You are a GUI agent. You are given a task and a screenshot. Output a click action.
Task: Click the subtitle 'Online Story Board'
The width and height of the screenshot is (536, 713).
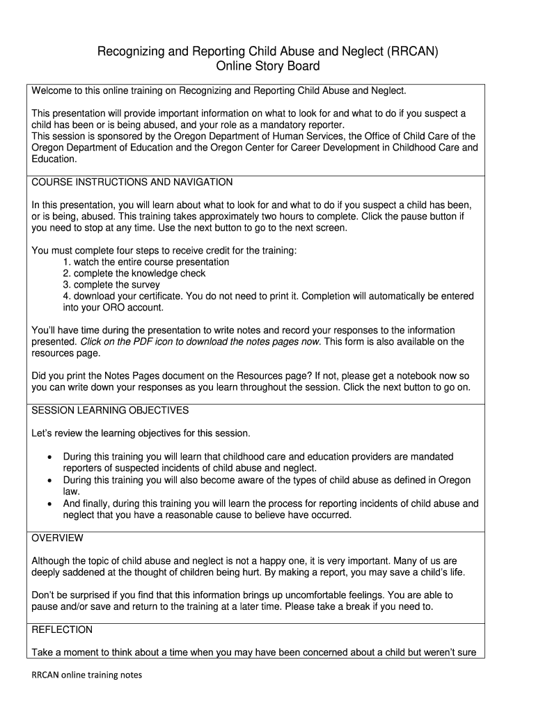[268, 67]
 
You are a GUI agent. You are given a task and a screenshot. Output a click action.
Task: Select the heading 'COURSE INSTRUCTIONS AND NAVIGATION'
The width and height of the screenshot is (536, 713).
[132, 182]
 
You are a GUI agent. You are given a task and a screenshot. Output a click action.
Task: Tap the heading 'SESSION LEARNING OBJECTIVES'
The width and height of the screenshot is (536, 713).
[110, 410]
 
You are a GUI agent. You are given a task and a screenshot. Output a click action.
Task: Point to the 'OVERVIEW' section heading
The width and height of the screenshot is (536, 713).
[58, 538]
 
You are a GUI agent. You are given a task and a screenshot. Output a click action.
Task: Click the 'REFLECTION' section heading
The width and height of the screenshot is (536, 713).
[62, 629]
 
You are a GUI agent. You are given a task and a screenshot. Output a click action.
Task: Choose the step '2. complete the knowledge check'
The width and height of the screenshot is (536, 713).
[134, 274]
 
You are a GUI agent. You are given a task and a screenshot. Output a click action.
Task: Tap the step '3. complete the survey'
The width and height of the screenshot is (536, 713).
[111, 285]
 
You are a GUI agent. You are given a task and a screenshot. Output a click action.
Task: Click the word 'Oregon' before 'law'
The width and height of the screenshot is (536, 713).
[455, 480]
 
